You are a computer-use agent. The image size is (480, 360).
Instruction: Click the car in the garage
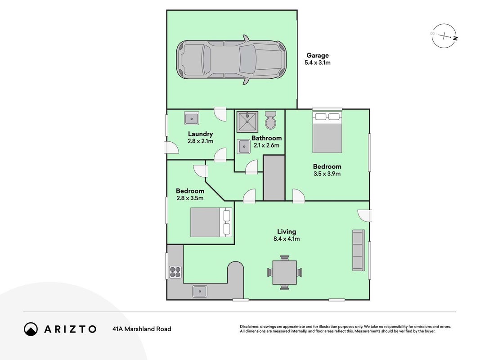(231, 59)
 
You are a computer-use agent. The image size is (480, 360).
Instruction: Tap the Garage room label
(318, 55)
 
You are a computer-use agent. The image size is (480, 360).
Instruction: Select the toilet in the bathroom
(271, 120)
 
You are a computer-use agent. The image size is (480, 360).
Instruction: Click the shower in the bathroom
(247, 121)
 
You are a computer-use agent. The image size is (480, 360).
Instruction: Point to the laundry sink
(192, 118)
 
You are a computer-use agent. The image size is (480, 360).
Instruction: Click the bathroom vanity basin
(244, 146)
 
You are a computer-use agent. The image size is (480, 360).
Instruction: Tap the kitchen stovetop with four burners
(175, 272)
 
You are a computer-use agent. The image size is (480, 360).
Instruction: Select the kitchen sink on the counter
(200, 291)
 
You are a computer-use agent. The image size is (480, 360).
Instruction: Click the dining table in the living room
(285, 272)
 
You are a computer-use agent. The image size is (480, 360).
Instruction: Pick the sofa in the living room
(359, 250)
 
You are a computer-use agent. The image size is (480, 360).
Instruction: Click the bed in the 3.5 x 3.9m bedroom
(327, 132)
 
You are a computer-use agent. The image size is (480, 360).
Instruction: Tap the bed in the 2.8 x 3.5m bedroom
(211, 222)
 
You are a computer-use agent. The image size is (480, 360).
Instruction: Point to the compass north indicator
(456, 39)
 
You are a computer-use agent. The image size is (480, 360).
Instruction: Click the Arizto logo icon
(31, 329)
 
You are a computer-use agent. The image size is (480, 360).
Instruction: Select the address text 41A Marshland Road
(142, 329)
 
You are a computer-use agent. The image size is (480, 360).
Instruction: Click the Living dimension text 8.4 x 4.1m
(287, 239)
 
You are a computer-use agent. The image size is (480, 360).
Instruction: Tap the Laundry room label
(201, 134)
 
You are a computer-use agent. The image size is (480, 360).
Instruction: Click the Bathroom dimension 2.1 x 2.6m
(267, 145)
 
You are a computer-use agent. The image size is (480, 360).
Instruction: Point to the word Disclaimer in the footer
(250, 327)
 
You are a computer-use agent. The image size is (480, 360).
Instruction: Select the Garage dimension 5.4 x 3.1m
(318, 63)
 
